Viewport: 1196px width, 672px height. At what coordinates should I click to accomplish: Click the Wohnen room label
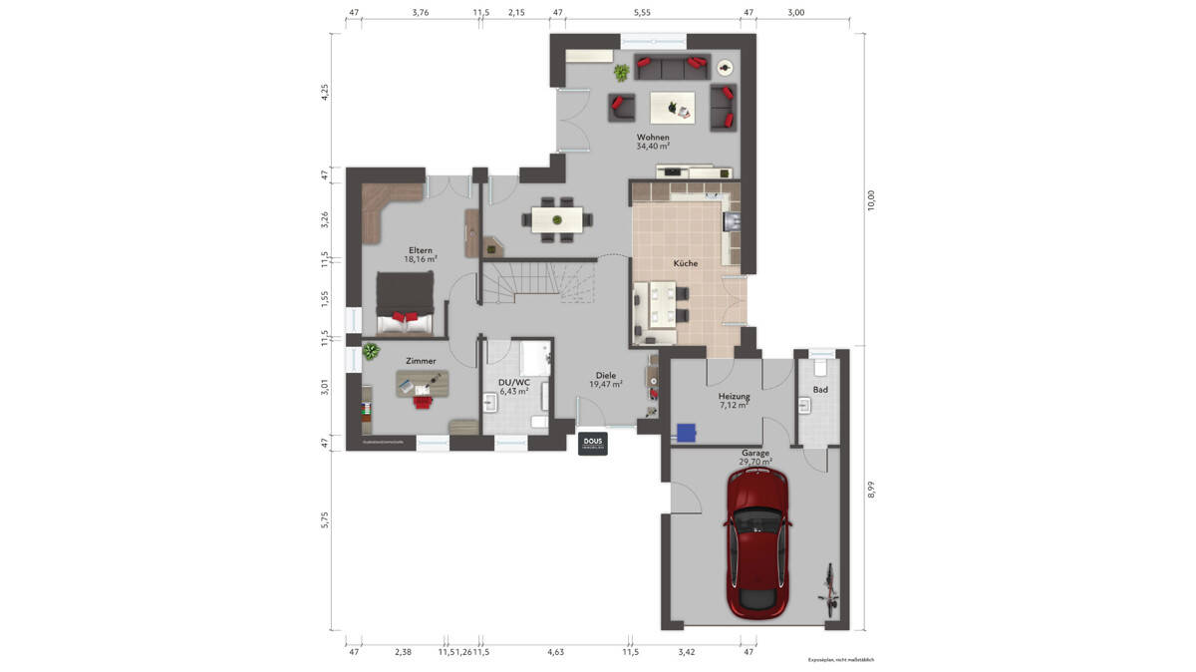click(x=653, y=138)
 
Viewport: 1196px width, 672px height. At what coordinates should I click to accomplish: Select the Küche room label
click(x=685, y=263)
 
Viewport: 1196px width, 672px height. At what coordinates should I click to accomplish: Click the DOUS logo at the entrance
click(x=593, y=444)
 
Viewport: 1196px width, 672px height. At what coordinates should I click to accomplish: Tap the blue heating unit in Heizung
click(x=685, y=432)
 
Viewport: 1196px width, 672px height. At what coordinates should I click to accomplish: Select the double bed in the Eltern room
click(x=405, y=304)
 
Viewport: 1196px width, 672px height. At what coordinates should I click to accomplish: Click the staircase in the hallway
click(x=538, y=283)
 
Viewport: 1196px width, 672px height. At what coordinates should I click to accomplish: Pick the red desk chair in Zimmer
click(x=423, y=400)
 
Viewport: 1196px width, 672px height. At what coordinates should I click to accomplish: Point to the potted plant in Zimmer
click(x=371, y=351)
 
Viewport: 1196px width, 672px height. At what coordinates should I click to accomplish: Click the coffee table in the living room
click(x=673, y=106)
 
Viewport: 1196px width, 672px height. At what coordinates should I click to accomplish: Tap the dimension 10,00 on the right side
click(x=870, y=200)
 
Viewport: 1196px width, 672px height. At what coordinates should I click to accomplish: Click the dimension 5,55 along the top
click(x=641, y=13)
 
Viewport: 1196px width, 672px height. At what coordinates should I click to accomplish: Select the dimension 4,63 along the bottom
click(x=555, y=652)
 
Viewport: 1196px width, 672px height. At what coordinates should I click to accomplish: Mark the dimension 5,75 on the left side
click(x=324, y=519)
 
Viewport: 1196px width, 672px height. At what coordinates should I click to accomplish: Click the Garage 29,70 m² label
click(x=754, y=458)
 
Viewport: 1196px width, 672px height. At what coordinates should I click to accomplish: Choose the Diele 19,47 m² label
click(x=606, y=379)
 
